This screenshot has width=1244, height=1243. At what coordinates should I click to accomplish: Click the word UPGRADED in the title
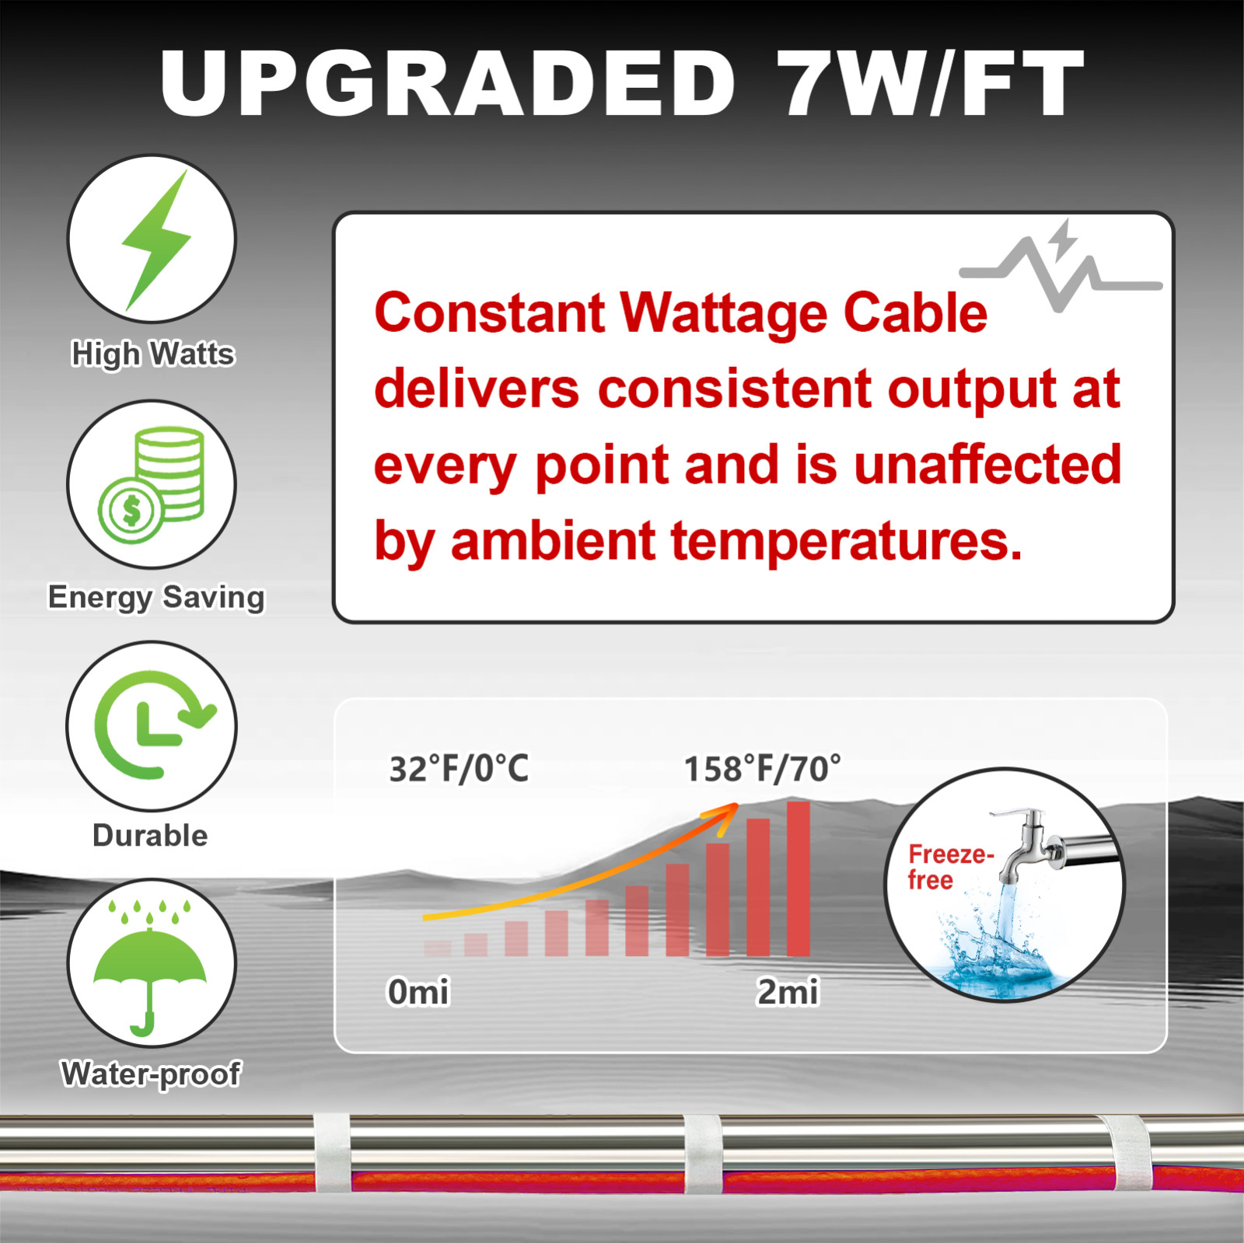pyautogui.click(x=447, y=84)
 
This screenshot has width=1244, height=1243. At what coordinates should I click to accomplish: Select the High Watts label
pyautogui.click(x=153, y=354)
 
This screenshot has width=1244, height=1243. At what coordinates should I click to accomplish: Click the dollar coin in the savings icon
pyautogui.click(x=131, y=511)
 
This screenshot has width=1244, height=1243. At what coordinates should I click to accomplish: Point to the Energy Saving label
pyautogui.click(x=156, y=597)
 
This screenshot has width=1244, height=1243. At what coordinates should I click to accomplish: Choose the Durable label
pyautogui.click(x=150, y=836)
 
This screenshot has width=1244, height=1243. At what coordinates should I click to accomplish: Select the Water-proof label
pyautogui.click(x=151, y=1074)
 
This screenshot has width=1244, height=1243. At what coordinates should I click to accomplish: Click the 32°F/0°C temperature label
pyautogui.click(x=459, y=769)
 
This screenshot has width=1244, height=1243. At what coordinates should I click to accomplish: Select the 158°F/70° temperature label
pyautogui.click(x=762, y=769)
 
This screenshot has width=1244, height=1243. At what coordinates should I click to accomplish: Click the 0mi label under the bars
pyautogui.click(x=418, y=992)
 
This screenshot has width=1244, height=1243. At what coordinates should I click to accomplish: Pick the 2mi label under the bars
pyautogui.click(x=788, y=992)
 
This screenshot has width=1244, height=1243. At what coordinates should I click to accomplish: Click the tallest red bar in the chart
pyautogui.click(x=798, y=878)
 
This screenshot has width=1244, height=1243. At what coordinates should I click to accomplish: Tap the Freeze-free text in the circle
pyautogui.click(x=950, y=867)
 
